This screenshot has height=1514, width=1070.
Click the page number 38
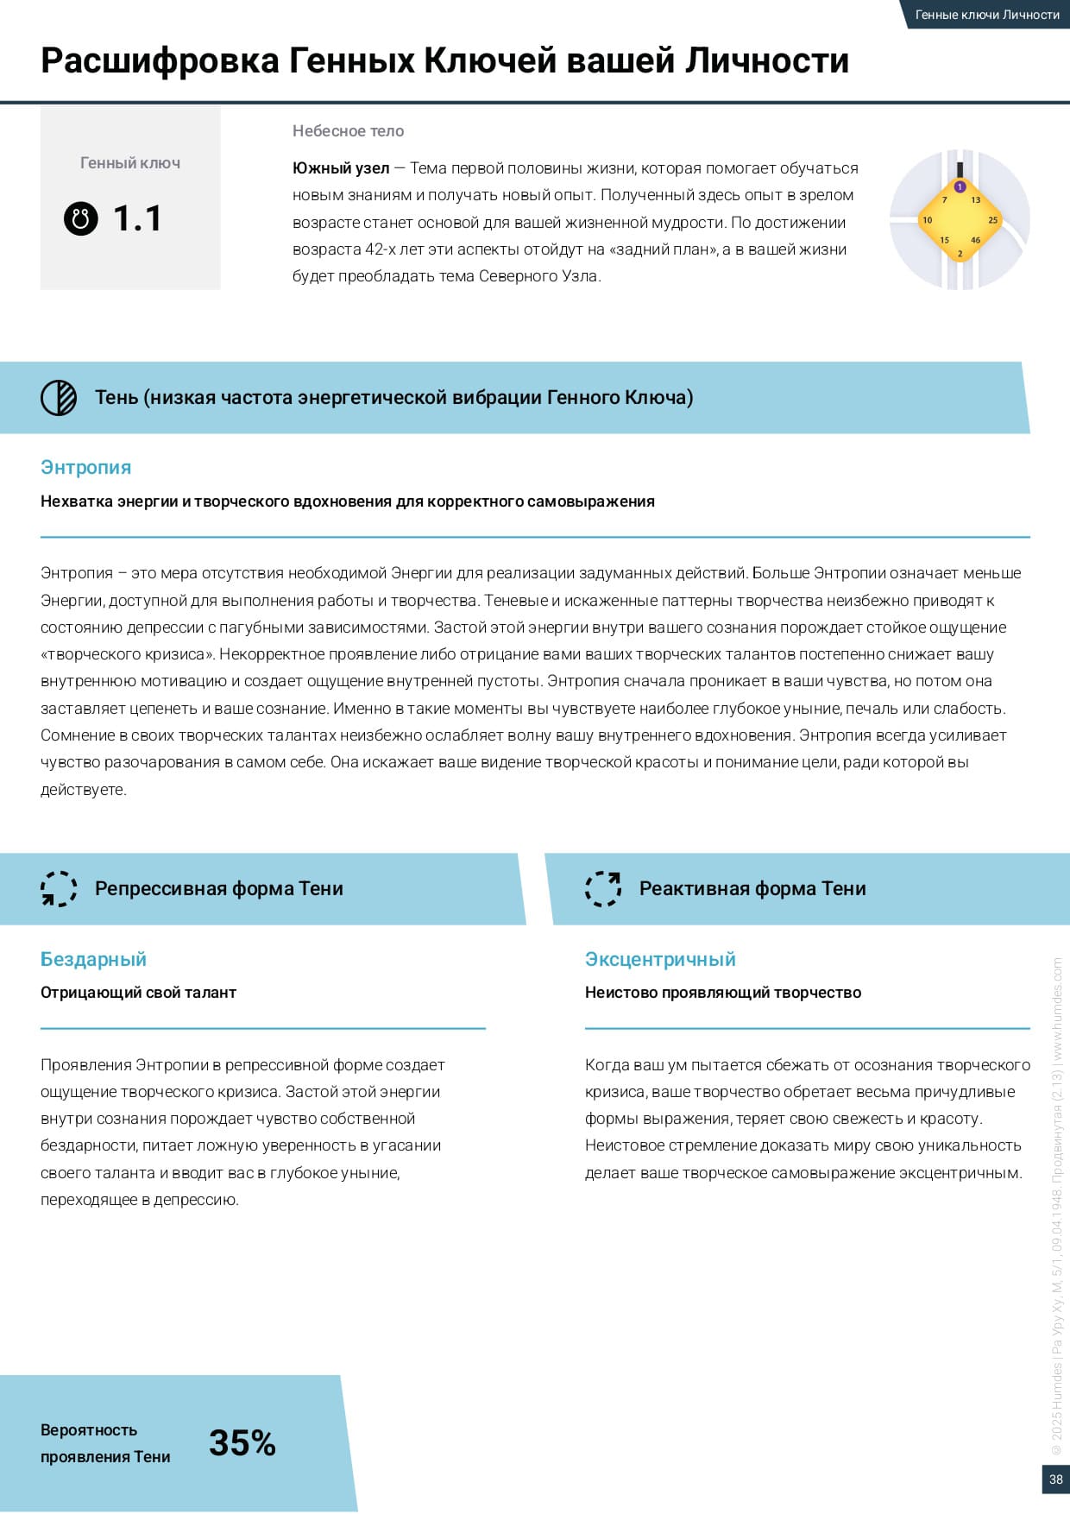(x=1055, y=1479)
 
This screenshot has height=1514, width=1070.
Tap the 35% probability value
(x=242, y=1442)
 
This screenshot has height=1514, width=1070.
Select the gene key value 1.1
(x=137, y=218)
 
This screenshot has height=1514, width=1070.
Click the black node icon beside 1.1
(x=81, y=218)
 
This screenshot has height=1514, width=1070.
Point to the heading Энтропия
(x=85, y=467)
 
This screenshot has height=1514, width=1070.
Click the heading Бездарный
(x=93, y=959)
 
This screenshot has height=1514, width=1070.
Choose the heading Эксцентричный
(x=660, y=959)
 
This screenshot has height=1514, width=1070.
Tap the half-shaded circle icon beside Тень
(x=59, y=397)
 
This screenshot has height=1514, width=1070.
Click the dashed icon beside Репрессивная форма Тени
(x=59, y=888)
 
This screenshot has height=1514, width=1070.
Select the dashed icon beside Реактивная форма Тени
(x=603, y=888)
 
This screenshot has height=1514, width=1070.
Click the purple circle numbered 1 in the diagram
(x=960, y=187)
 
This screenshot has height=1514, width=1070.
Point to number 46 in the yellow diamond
(x=975, y=240)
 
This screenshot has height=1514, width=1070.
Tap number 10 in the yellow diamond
(x=927, y=220)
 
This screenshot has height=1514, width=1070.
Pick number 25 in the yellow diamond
(x=992, y=220)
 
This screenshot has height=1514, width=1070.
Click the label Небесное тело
(x=348, y=131)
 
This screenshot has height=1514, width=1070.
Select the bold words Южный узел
(x=341, y=168)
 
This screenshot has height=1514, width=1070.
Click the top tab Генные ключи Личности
(x=987, y=15)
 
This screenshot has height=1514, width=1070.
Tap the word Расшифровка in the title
(x=160, y=60)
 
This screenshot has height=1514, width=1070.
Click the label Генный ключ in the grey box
(x=130, y=163)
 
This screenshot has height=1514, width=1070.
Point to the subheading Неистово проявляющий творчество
(x=722, y=993)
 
